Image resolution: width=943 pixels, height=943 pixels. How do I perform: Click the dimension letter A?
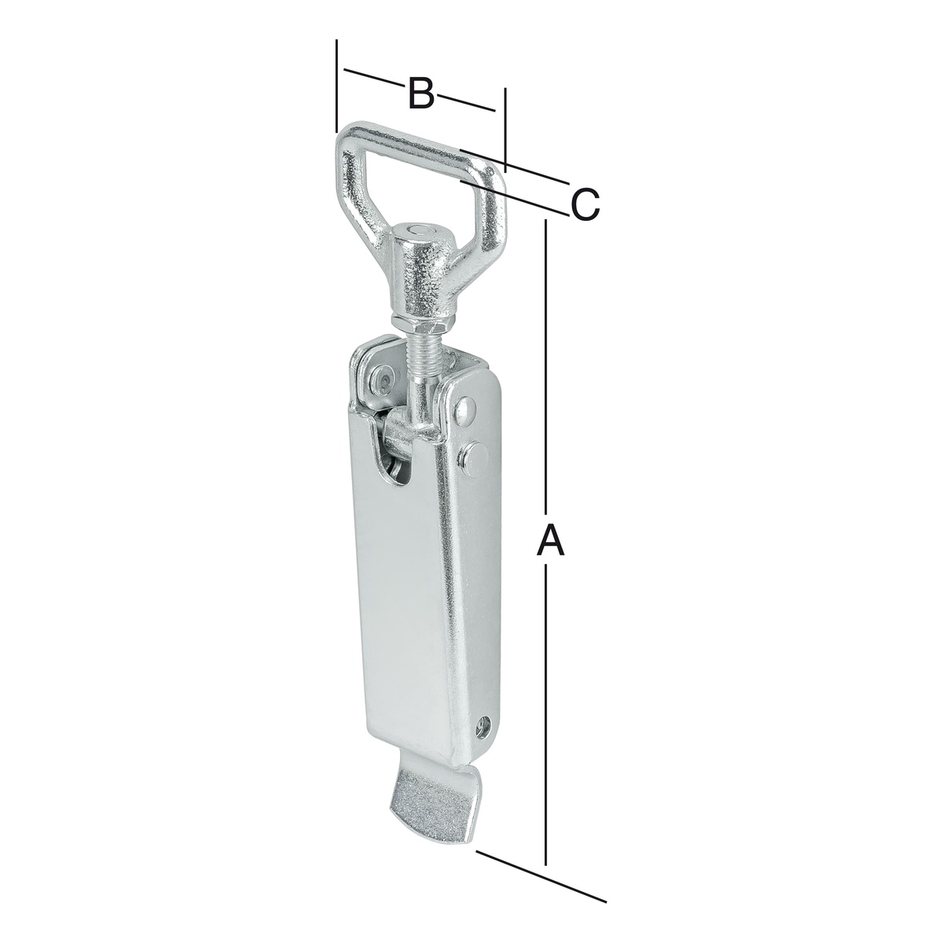[551, 539]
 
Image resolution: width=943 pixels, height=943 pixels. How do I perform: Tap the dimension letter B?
[421, 93]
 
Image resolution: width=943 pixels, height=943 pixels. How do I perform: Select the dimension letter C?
[585, 204]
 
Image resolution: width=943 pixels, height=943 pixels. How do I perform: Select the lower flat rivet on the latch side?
[474, 457]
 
